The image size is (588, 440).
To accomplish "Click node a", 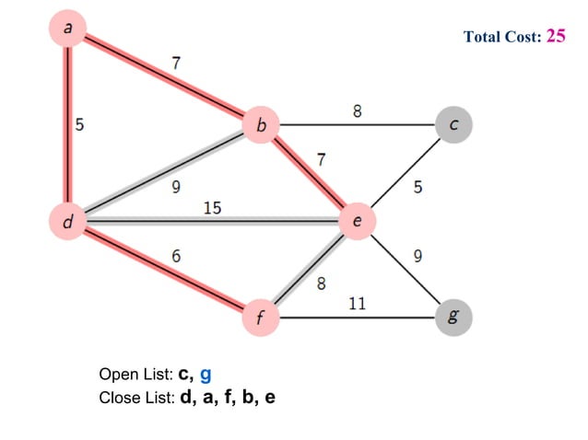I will (67, 29).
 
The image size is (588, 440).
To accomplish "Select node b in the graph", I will (261, 124).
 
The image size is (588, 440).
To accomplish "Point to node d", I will (67, 221).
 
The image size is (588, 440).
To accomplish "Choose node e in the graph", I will (357, 221).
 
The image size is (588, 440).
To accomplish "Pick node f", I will (261, 318).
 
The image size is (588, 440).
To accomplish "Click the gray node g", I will (453, 318).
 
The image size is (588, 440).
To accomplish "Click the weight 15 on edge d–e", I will (212, 208).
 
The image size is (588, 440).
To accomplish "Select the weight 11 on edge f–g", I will (357, 303).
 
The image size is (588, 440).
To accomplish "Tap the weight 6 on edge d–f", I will (175, 256).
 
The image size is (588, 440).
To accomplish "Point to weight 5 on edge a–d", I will (79, 126).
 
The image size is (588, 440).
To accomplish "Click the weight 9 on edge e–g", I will (418, 257).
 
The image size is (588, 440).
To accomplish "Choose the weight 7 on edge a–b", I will (175, 64).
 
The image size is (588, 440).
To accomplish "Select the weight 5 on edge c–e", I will (418, 187).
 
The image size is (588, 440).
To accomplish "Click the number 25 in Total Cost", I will (556, 36).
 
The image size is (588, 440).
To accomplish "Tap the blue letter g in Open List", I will (206, 375).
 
